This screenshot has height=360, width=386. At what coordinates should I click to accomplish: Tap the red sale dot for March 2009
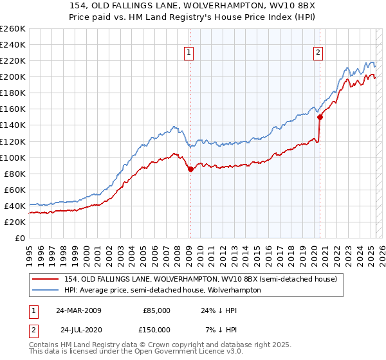click(190, 169)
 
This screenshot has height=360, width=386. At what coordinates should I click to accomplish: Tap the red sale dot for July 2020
click(320, 117)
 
